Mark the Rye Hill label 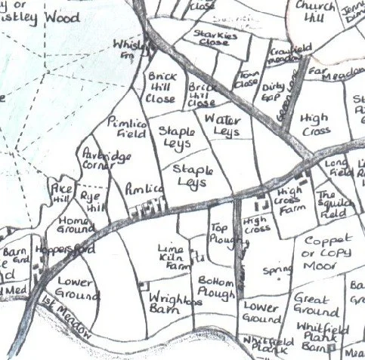pos(90,201)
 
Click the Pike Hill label pos(60,190)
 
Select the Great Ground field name pos(315,304)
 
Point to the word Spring pos(271,270)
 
